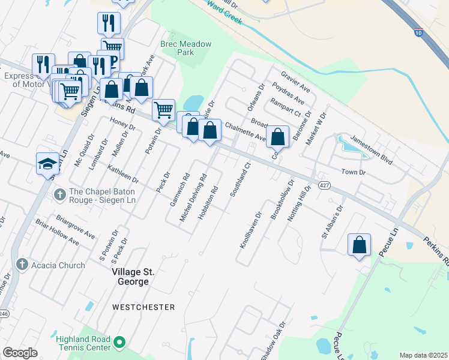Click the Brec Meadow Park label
click(x=178, y=48)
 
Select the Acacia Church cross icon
click(x=22, y=265)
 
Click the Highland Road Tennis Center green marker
click(x=119, y=343)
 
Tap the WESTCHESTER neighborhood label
click(x=143, y=307)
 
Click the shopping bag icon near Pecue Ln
click(x=359, y=245)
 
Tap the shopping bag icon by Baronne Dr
click(x=278, y=136)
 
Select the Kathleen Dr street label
click(x=123, y=175)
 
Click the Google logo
click(x=20, y=353)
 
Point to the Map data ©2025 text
click(x=423, y=355)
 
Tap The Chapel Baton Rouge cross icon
click(x=59, y=194)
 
